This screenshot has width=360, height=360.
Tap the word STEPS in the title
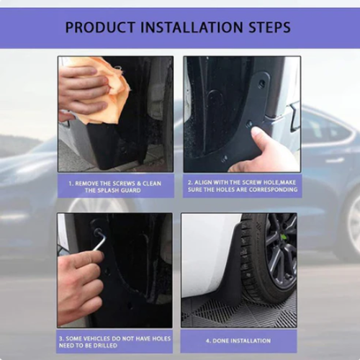pyautogui.click(x=268, y=28)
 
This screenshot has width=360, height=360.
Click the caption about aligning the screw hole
pyautogui.click(x=240, y=184)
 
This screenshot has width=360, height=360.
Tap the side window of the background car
pyautogui.click(x=317, y=130)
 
